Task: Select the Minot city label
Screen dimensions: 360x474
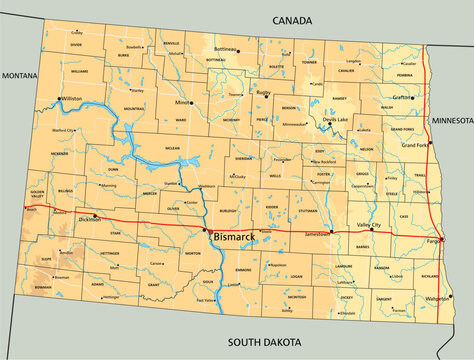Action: tap(180, 102)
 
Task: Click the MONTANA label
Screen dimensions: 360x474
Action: tap(19, 76)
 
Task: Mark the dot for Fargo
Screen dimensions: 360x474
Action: tap(443, 239)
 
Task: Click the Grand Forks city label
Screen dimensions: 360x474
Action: tap(415, 145)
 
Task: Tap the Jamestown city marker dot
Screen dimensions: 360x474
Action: tap(331, 233)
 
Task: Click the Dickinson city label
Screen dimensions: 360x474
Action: tap(90, 218)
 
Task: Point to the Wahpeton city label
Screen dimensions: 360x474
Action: tap(436, 298)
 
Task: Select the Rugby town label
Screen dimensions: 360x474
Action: tap(264, 92)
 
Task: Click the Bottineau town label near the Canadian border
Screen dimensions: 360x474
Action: tap(226, 49)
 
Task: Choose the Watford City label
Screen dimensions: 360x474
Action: tap(63, 130)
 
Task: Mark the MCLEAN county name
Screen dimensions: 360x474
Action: tap(171, 147)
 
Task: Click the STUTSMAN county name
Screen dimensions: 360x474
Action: tap(308, 211)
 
